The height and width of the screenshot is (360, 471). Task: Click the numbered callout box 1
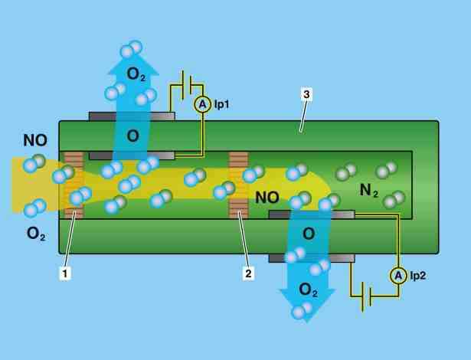(x=66, y=273)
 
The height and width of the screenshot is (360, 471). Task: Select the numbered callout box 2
(x=248, y=273)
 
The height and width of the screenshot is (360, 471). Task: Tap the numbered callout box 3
(x=306, y=93)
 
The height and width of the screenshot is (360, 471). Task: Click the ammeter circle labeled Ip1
(x=202, y=104)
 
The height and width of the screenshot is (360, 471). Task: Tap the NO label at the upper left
(x=35, y=141)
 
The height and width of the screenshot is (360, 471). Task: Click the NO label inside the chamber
(x=267, y=198)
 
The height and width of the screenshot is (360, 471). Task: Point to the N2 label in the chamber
(x=369, y=191)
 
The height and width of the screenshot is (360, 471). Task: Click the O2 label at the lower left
(x=36, y=234)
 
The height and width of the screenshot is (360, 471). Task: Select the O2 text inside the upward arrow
(x=136, y=75)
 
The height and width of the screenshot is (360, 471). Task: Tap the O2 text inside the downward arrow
(x=308, y=290)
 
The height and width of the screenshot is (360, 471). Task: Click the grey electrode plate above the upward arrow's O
(x=132, y=116)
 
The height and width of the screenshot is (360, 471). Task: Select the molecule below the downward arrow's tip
(x=303, y=311)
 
